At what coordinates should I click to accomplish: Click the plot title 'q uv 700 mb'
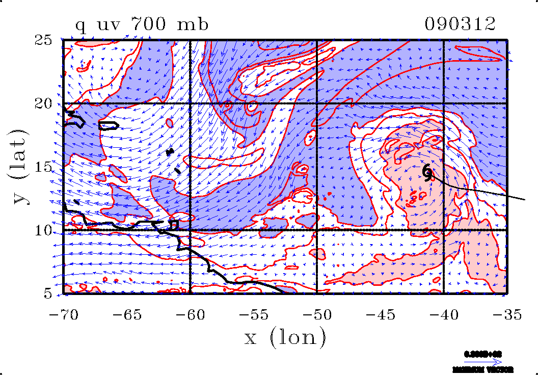(x=142, y=24)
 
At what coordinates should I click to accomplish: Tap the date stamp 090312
(x=460, y=24)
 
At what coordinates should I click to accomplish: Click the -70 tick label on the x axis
(x=64, y=315)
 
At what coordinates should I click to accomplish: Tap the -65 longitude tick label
(x=127, y=315)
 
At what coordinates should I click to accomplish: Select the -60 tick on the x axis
(x=191, y=315)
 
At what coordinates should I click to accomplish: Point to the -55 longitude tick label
(x=254, y=315)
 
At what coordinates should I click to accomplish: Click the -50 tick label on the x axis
(x=317, y=315)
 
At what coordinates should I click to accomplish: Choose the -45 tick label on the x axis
(x=381, y=315)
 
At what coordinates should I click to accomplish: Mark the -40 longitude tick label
(x=444, y=315)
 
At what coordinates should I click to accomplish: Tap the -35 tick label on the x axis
(x=507, y=315)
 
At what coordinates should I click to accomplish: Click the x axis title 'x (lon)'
(x=285, y=337)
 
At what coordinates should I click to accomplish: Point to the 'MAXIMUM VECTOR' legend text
(x=483, y=369)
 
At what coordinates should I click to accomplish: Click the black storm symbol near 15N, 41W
(x=428, y=172)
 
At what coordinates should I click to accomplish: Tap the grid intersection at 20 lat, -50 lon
(x=317, y=103)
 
